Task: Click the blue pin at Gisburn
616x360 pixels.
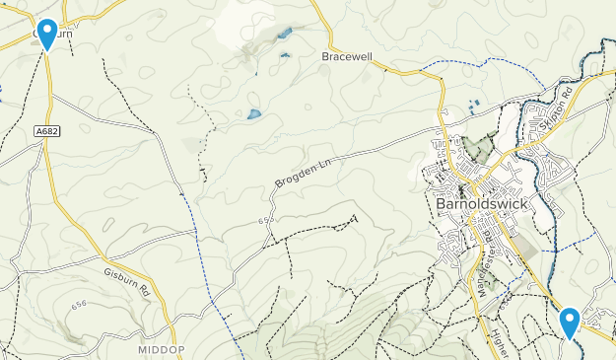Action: (46, 34)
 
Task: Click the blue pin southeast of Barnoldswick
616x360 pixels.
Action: (570, 323)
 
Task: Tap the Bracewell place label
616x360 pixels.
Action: (347, 57)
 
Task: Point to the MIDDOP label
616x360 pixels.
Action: (161, 350)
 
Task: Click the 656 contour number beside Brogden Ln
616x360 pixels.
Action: (264, 220)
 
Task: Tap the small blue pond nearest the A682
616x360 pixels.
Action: (254, 114)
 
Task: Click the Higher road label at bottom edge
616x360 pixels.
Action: (495, 342)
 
